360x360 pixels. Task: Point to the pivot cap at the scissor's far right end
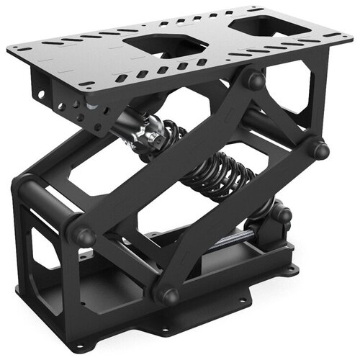click(318, 150)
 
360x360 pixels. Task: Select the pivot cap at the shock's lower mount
click(282, 214)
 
